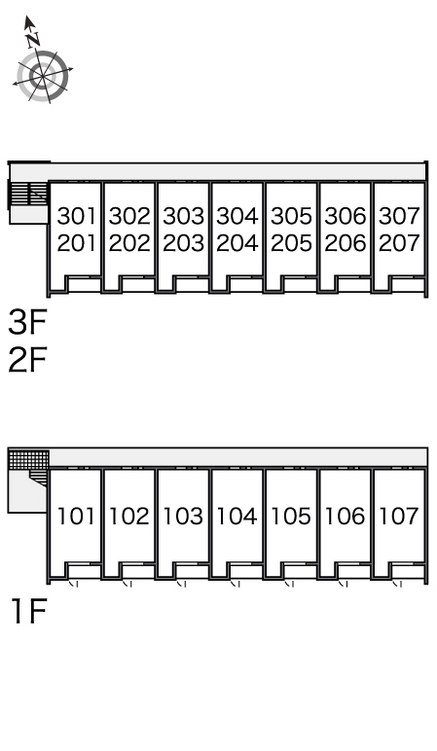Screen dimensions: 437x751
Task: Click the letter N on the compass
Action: click(x=32, y=40)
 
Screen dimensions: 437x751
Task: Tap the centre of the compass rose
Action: click(x=43, y=76)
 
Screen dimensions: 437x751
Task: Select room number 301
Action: click(x=76, y=216)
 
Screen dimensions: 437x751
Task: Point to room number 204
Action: click(x=237, y=243)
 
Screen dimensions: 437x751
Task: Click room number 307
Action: click(x=399, y=216)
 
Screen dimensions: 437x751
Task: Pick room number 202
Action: click(x=129, y=243)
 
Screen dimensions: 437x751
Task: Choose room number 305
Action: click(x=291, y=216)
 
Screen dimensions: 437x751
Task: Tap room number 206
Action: click(x=345, y=243)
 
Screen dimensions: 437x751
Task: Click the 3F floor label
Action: click(x=27, y=322)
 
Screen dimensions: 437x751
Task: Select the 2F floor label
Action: click(x=27, y=360)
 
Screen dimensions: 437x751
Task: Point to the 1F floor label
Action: click(x=29, y=612)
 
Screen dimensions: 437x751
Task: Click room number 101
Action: click(x=76, y=516)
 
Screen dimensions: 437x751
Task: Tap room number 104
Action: click(x=237, y=516)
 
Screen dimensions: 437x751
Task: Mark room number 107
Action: click(x=399, y=516)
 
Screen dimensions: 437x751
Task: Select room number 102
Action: click(x=129, y=516)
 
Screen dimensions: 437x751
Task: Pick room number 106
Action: click(x=345, y=516)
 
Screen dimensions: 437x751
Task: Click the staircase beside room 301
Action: click(x=29, y=194)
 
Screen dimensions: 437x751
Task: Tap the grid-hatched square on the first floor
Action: click(x=29, y=460)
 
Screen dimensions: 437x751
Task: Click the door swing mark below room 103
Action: click(x=182, y=584)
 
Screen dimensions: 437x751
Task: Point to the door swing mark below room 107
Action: click(x=397, y=584)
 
